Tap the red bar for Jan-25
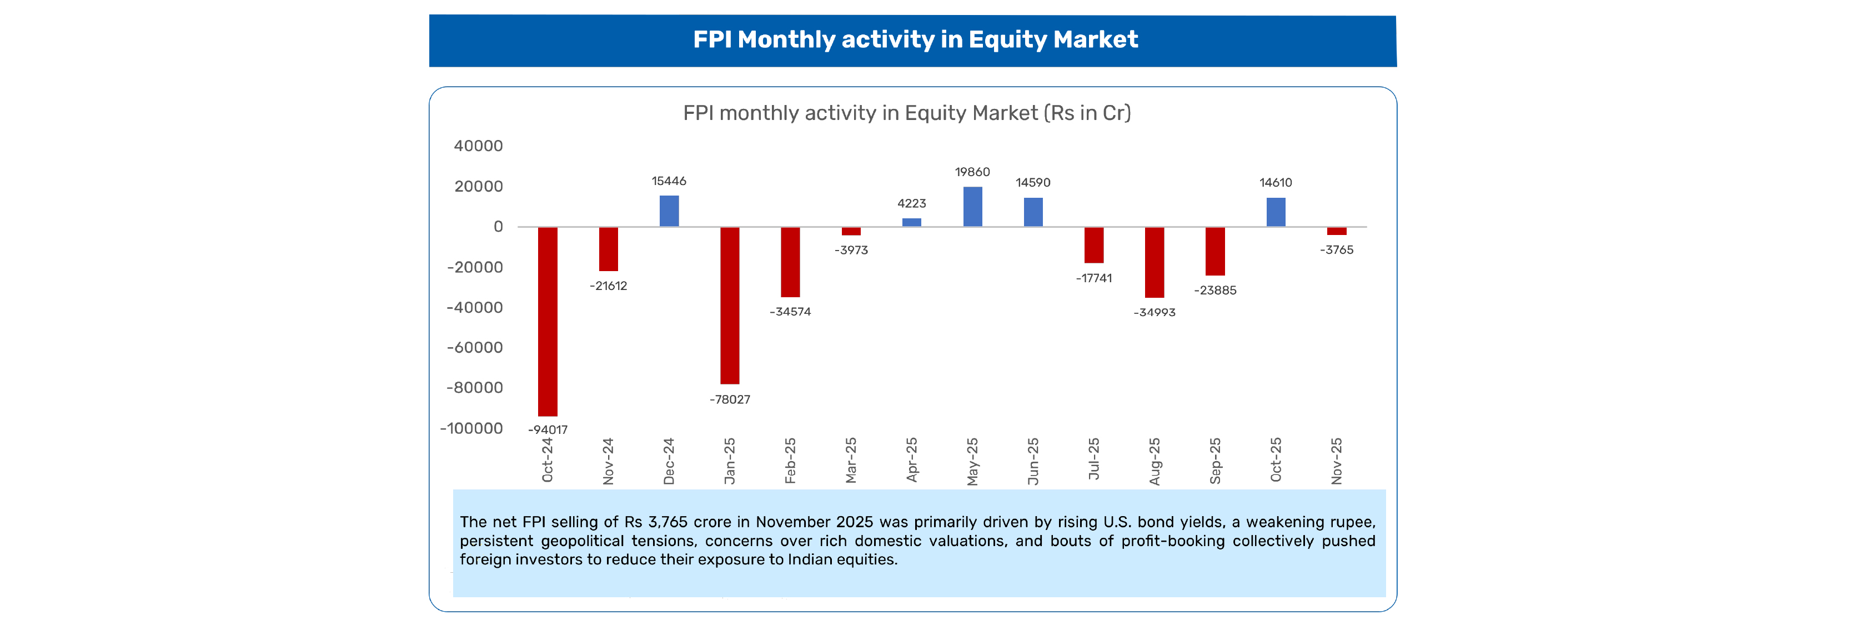pos(729,306)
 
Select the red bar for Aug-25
pos(1154,262)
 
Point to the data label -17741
pos(1093,278)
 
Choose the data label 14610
pos(1276,183)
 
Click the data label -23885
pos(1215,291)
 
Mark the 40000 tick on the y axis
pos(478,146)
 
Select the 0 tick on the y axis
pos(498,227)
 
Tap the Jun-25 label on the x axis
pos(1033,461)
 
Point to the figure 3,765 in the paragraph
pos(668,522)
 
